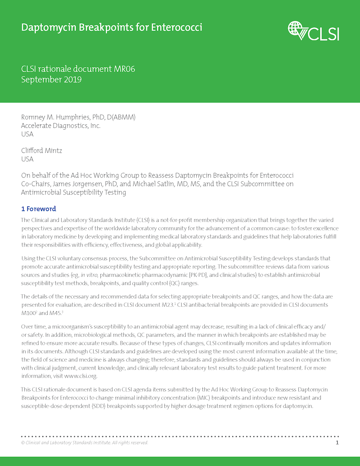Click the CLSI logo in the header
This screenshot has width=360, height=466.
point(313,31)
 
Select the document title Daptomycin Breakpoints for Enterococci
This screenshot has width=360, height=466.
point(112,28)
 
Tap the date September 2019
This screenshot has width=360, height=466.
point(51,79)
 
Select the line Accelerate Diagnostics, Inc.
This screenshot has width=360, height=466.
point(61,126)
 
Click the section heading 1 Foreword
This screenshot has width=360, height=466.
point(38,209)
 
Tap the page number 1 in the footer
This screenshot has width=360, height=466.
point(337,442)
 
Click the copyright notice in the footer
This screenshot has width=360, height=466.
point(84,443)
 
